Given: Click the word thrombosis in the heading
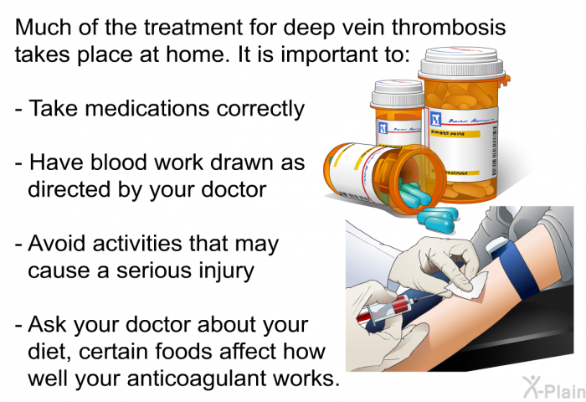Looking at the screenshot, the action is point(449,28).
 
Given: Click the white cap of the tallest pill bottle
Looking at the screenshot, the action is point(462,63).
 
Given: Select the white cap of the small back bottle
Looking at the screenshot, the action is point(398,94).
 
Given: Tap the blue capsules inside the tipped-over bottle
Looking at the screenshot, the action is point(414,193).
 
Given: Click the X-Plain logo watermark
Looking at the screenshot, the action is point(554,388).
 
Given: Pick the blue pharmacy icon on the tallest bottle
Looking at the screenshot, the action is point(436,119).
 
